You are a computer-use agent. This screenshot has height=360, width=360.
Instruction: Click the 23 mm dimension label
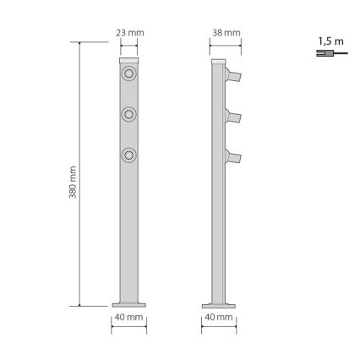pos(129,33)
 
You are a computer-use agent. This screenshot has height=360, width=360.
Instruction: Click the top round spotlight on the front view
pos(129,77)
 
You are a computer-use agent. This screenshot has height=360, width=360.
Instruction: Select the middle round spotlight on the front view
pos(129,113)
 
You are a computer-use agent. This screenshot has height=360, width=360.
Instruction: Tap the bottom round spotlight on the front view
pos(129,155)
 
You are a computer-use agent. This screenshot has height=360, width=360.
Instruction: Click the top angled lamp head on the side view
pos(234,75)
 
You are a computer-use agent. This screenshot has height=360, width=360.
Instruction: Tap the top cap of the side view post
pos(219,63)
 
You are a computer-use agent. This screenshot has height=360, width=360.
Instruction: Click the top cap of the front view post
pos(129,63)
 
